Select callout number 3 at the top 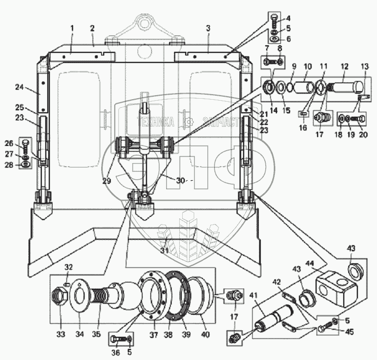(x=208, y=27)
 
